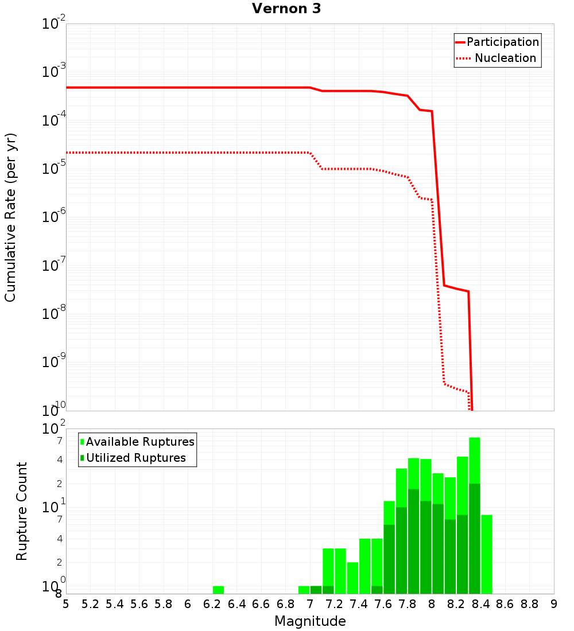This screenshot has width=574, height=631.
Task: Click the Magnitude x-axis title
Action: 310,621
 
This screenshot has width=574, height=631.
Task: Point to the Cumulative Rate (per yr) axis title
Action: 10,217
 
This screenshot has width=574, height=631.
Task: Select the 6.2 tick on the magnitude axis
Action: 212,604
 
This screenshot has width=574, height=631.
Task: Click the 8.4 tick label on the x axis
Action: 480,604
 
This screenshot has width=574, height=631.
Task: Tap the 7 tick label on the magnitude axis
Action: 310,604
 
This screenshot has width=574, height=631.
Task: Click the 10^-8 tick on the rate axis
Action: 55,312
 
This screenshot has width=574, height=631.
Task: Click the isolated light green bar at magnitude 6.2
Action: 218,590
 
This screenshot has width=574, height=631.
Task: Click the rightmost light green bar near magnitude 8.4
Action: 487,554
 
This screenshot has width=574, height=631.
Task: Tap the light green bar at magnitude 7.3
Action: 340,571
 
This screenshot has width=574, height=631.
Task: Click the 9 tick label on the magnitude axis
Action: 553,604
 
